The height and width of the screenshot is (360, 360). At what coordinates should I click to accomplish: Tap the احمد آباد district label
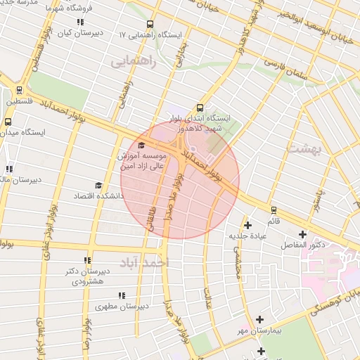tap(146, 262)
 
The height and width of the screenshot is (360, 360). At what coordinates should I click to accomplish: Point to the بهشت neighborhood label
tap(304, 149)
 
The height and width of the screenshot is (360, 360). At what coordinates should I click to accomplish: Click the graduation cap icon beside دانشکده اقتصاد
tap(98, 186)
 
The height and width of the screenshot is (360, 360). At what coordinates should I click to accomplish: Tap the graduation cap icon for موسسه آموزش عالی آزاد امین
tap(142, 146)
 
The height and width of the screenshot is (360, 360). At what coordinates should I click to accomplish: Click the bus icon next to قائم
tap(274, 210)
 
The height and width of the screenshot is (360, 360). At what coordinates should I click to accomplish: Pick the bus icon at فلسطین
tap(18, 90)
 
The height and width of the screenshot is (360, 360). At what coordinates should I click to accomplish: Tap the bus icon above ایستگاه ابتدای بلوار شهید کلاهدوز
tap(200, 108)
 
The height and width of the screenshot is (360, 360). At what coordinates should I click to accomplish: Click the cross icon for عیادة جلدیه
tap(247, 225)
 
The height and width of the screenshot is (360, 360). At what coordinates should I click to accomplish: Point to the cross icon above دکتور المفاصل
tap(303, 234)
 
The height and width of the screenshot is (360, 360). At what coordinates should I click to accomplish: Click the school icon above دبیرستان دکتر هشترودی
tap(87, 260)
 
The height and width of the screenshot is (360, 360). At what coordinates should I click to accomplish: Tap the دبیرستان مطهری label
tap(121, 307)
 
